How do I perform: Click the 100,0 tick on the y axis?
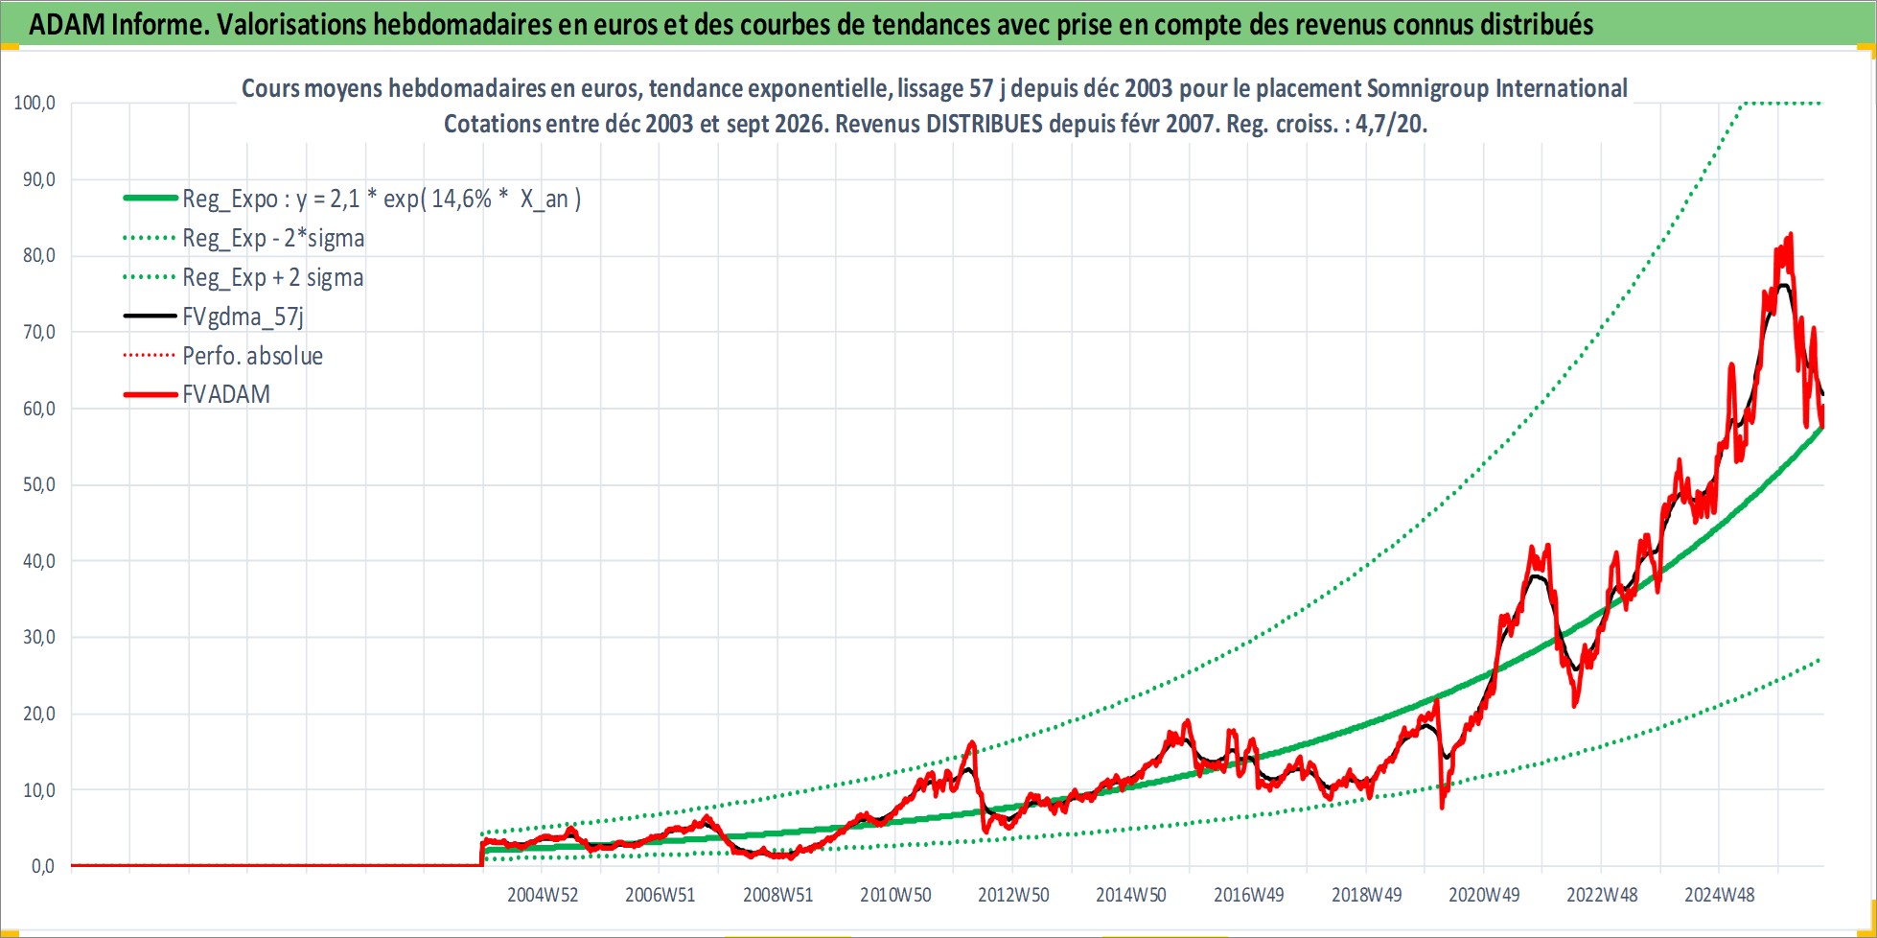[35, 103]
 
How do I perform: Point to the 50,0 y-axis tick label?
[39, 484]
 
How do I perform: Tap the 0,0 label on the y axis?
[43, 866]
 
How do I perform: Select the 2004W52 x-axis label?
[543, 895]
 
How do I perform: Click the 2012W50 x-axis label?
[1013, 895]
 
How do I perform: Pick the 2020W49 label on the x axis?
[1484, 895]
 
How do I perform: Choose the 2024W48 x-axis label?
[1720, 895]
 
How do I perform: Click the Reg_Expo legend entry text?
[382, 199]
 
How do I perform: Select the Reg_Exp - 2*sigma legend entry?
[273, 238]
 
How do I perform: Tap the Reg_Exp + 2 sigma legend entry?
[273, 277]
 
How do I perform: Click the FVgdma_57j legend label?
[243, 317]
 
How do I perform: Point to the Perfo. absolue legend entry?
[253, 356]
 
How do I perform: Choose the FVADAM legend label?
[226, 394]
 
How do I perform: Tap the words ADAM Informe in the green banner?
[118, 24]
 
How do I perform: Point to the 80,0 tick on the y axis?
[39, 255]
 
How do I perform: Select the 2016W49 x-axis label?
[1249, 895]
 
